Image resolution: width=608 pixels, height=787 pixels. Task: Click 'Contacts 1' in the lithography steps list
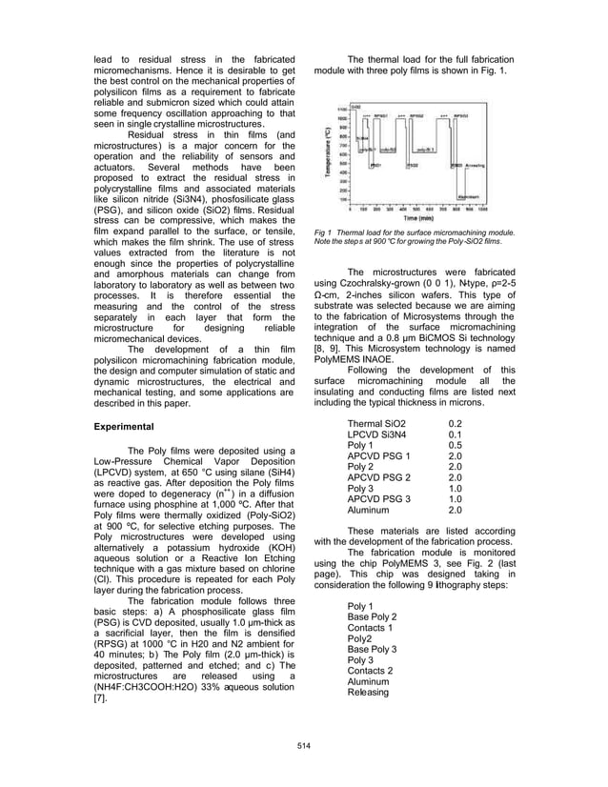(371, 628)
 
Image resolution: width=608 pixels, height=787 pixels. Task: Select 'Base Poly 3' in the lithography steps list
(373, 650)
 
